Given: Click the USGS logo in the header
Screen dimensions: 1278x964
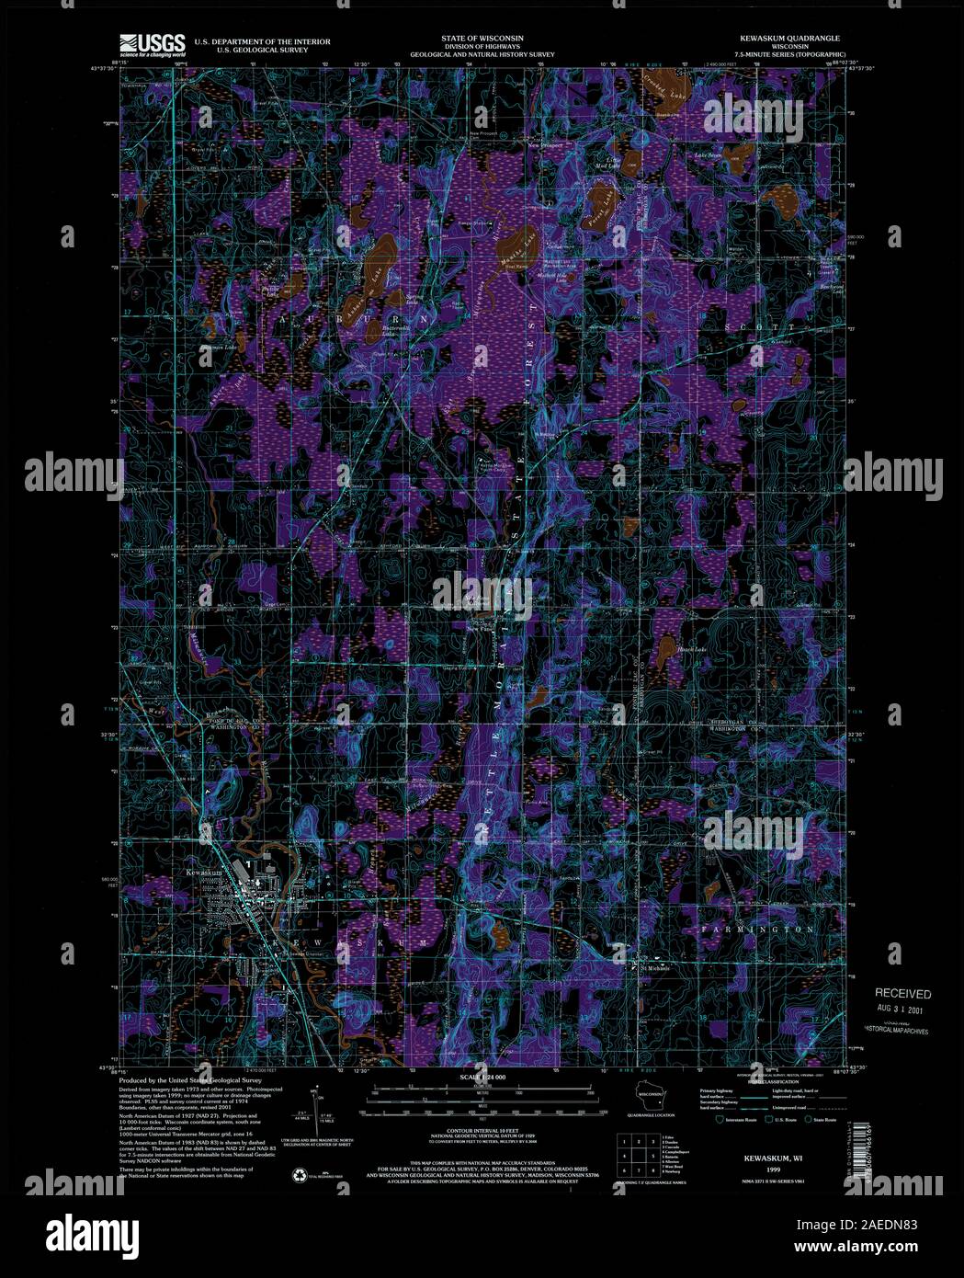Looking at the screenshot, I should (x=152, y=43).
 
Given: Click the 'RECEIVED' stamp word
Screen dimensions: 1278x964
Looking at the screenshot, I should (x=902, y=994).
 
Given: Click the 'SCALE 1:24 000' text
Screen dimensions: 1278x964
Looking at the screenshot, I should (x=482, y=1076).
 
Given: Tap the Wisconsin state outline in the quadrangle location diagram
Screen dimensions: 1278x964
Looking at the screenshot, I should (x=654, y=1096).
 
